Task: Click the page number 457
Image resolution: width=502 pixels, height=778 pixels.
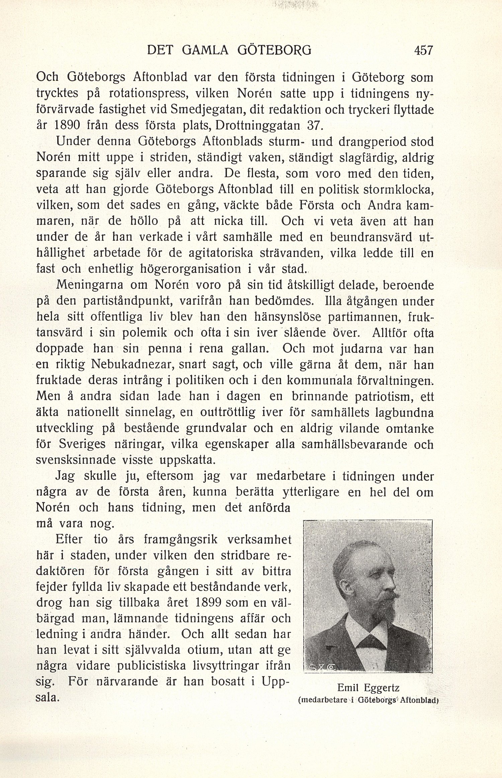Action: (x=423, y=50)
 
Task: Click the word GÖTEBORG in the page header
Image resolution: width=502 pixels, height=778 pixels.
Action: (x=274, y=50)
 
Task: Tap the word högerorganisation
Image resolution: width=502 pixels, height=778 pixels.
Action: (x=186, y=269)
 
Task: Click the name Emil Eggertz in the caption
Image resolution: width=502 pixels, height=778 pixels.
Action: (x=368, y=687)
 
